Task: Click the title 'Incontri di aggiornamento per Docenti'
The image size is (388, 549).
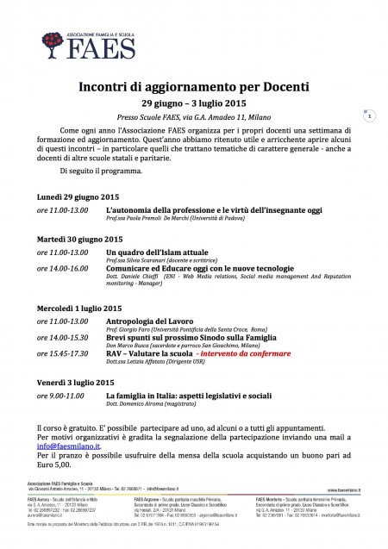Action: [195, 88]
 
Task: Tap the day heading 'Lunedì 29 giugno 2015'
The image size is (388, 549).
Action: [78, 197]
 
